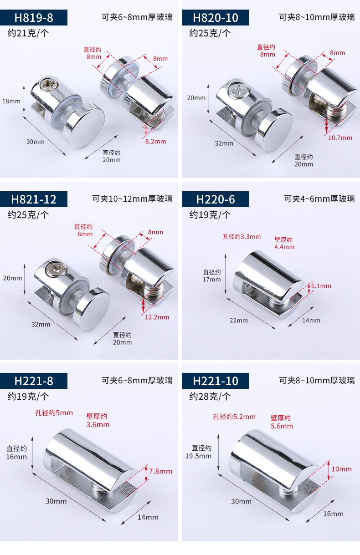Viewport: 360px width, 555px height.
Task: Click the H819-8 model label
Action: (34, 18)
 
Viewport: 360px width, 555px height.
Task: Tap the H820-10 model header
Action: (216, 18)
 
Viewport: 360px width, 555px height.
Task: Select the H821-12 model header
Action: (34, 199)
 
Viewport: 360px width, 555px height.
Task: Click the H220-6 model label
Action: (216, 199)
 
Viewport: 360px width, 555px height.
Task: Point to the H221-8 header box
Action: (34, 381)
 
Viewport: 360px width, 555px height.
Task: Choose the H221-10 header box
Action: (216, 381)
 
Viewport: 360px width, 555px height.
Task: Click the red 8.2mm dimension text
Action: (155, 141)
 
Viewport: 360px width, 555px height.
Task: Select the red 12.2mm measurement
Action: (157, 317)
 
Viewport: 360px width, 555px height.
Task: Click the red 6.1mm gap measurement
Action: (321, 286)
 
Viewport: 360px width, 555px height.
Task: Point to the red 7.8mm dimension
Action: (160, 471)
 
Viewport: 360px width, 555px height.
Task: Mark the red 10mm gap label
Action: (341, 469)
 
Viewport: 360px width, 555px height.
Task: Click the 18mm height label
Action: (11, 101)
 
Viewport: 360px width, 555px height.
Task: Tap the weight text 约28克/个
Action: (210, 396)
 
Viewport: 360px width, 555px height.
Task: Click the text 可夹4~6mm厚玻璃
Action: (319, 199)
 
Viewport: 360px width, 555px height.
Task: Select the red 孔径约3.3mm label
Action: (242, 236)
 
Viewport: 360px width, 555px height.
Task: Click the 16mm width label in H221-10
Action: (333, 514)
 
